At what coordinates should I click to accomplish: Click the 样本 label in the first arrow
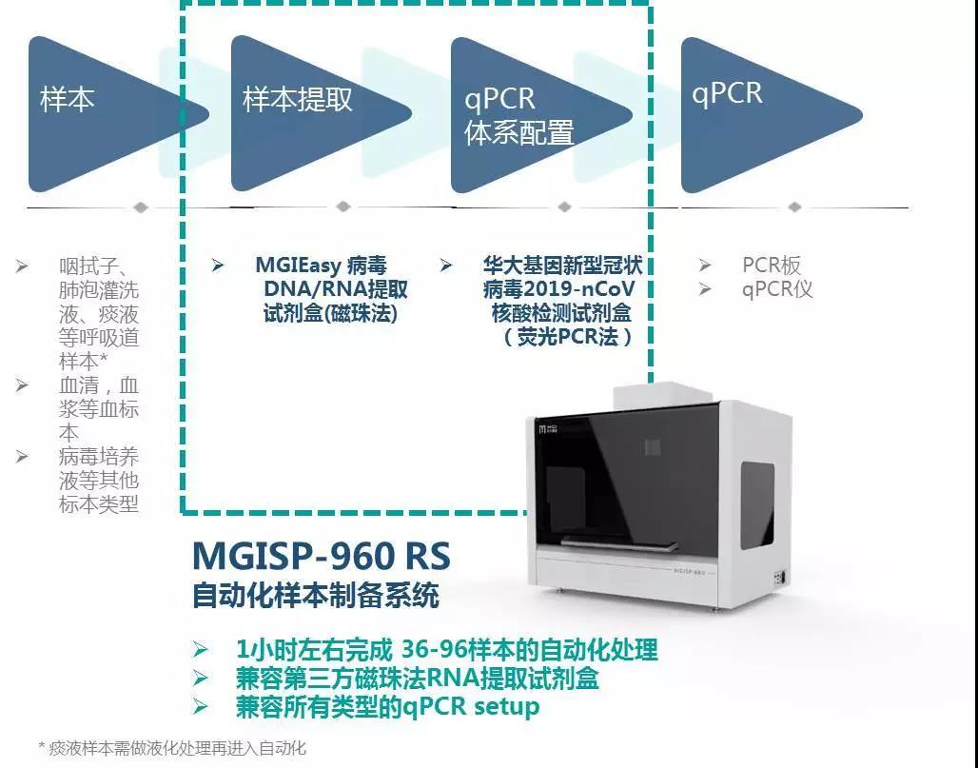68,100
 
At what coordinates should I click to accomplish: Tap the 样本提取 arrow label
298,100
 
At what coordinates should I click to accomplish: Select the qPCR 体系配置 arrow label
518,116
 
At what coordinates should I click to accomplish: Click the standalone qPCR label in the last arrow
727,93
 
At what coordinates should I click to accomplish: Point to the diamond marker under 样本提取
343,207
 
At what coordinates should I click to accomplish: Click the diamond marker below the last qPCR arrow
794,207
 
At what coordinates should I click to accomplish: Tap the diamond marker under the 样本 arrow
141,207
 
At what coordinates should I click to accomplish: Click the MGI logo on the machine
548,428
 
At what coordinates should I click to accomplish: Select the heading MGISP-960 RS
322,555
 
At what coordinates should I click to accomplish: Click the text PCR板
772,266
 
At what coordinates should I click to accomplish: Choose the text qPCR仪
777,289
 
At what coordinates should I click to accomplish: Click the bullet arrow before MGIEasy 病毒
217,266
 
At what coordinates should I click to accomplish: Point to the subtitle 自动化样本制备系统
316,595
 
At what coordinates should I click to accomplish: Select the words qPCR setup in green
471,706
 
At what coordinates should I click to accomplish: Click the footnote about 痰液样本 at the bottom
172,748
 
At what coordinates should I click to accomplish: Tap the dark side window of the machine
757,505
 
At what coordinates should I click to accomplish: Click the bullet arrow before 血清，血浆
22,384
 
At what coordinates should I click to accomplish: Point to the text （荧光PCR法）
568,337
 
